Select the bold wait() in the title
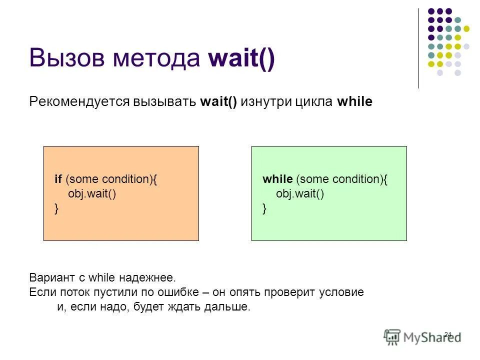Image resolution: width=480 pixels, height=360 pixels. pyautogui.click(x=241, y=58)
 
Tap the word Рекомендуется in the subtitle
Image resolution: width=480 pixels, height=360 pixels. pyautogui.click(x=79, y=102)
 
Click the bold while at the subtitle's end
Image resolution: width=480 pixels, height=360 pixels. pyautogui.click(x=354, y=101)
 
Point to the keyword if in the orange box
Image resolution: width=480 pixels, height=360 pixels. pyautogui.click(x=58, y=179)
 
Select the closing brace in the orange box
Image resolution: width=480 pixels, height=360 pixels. pyautogui.click(x=56, y=208)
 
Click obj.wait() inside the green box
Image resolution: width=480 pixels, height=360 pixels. pyautogui.click(x=300, y=194)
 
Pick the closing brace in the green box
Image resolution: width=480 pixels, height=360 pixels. pyautogui.click(x=264, y=208)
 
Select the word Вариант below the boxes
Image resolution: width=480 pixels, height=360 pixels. pyautogui.click(x=50, y=277)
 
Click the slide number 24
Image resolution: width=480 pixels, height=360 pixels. pyautogui.click(x=447, y=334)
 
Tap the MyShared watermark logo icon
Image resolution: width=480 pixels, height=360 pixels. pyautogui.click(x=392, y=337)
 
